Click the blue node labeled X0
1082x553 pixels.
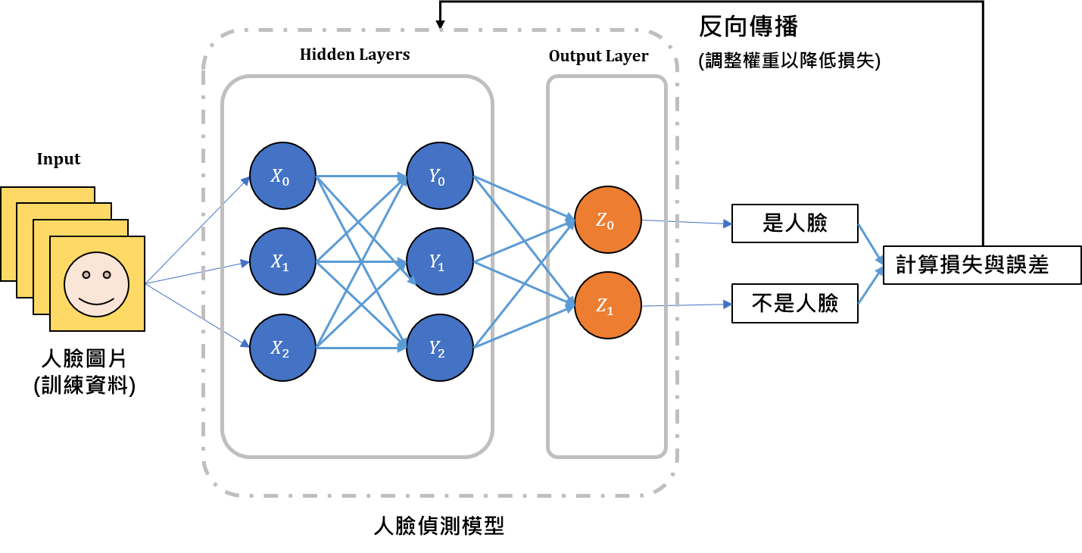point(282,176)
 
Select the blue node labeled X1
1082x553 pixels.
point(282,261)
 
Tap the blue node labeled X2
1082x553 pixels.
point(282,348)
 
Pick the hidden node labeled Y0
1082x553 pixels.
point(440,176)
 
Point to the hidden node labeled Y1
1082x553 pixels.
point(440,261)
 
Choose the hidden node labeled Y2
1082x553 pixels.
point(440,348)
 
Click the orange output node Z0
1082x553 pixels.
point(608,220)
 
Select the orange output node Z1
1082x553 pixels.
point(608,305)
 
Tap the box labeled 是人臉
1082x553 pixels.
point(794,223)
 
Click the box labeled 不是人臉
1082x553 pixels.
point(794,303)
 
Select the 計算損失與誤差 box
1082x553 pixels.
point(981,265)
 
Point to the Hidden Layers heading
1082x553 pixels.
point(354,55)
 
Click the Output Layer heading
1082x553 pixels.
point(598,57)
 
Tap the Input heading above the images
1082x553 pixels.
point(58,160)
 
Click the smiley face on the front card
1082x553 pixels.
point(97,284)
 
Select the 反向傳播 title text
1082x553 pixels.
point(748,26)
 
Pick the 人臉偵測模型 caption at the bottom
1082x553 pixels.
point(439,526)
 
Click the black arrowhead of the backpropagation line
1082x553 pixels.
point(440,24)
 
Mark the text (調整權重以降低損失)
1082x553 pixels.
point(789,61)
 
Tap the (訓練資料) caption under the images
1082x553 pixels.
point(85,386)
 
